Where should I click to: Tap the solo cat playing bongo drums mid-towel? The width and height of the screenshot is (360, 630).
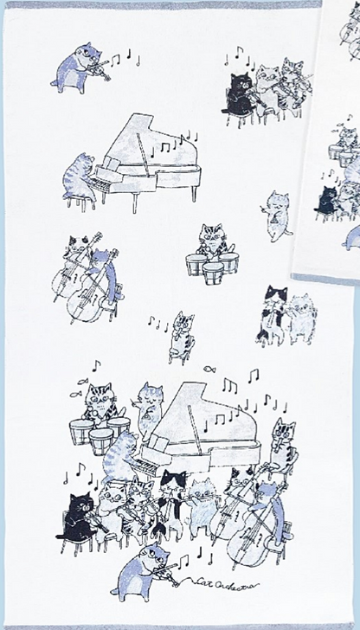[x=210, y=238]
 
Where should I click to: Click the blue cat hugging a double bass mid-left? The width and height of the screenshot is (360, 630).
[x=102, y=273]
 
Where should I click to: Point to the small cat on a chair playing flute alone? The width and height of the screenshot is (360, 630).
[x=183, y=333]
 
